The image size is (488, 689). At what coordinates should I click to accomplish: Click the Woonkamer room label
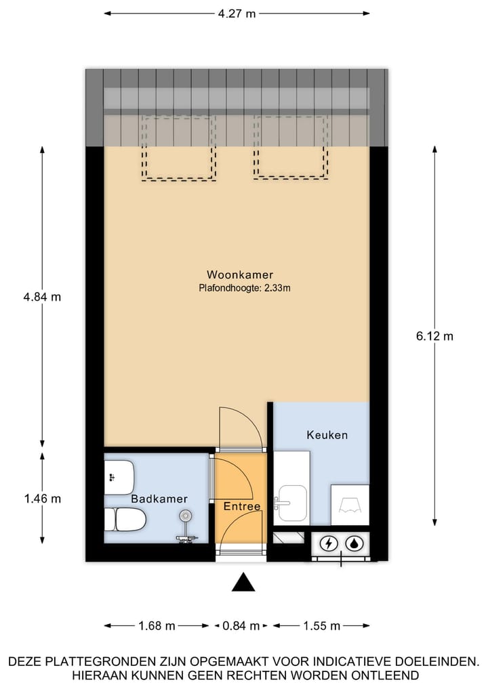240,274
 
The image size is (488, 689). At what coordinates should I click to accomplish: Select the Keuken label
327,434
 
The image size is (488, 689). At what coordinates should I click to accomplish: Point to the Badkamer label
159,499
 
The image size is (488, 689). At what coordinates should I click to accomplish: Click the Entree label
242,506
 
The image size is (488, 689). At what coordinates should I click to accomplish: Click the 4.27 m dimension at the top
237,13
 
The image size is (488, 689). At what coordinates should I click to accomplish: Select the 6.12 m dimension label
434,335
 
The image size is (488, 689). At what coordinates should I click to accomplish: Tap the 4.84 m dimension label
42,297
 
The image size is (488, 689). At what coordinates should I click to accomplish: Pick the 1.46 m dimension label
42,499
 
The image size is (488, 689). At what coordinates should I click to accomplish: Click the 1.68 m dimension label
157,626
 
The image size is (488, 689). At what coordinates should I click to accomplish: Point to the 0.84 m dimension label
241,626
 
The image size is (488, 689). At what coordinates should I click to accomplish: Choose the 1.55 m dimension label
321,626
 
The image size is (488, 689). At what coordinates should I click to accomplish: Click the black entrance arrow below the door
243,582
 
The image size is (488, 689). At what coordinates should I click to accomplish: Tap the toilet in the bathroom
125,520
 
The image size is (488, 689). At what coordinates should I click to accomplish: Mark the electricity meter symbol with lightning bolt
329,543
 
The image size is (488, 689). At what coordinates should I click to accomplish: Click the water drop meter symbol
354,543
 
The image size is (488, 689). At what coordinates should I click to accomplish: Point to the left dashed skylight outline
179,148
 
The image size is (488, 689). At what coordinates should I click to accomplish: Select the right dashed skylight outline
291,147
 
